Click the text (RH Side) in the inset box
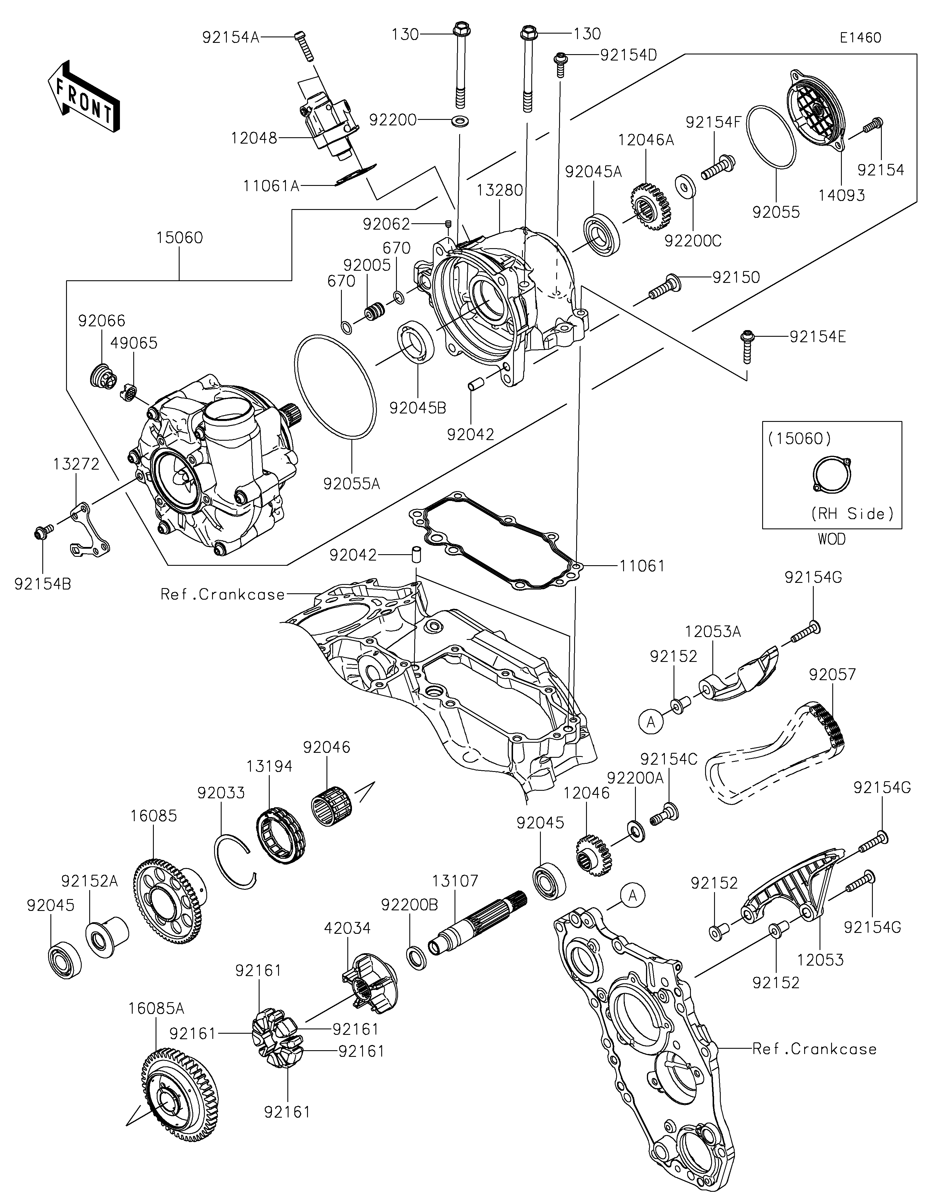(852, 514)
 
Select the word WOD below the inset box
(832, 539)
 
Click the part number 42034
(348, 928)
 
